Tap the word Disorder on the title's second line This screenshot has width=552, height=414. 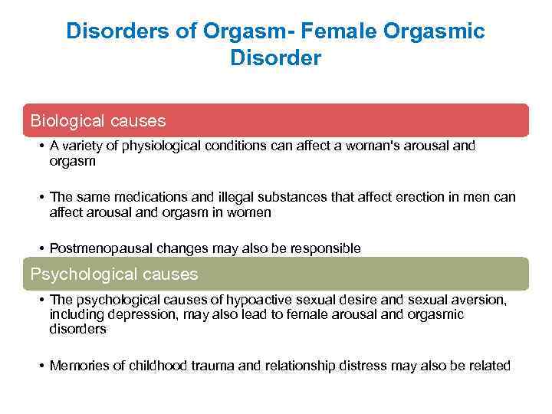276,58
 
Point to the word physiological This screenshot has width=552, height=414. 173,146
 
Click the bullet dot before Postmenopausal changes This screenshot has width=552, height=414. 40,248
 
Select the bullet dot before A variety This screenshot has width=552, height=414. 40,146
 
